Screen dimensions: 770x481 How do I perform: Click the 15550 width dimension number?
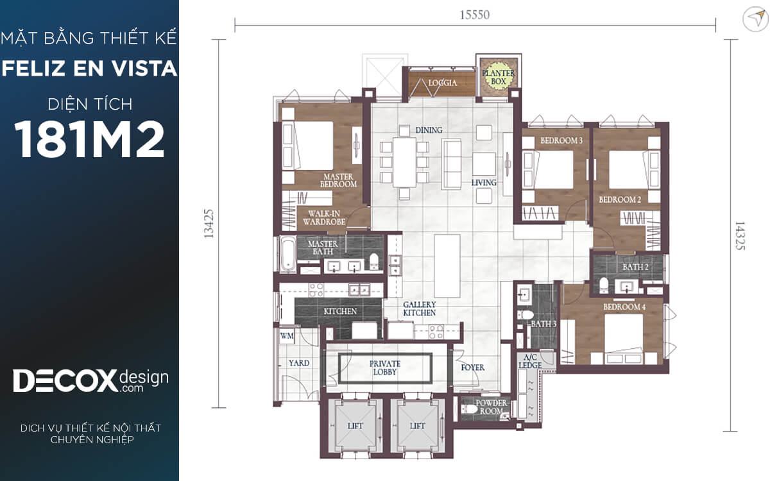point(475,15)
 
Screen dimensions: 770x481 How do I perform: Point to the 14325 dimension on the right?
point(740,236)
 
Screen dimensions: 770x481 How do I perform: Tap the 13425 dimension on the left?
point(209,224)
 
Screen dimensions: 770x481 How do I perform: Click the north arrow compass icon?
point(755,19)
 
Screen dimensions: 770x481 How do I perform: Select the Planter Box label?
point(498,78)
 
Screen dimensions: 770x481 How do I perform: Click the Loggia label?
point(443,83)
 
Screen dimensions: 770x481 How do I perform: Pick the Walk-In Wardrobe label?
point(324,218)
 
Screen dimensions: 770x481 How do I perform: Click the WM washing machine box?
point(286,335)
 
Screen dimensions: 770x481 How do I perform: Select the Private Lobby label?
point(385,368)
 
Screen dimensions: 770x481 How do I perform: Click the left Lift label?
point(355,426)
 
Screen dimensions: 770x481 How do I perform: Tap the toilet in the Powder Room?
point(469,409)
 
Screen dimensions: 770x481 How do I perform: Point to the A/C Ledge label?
point(530,362)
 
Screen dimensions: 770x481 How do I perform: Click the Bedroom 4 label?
point(624,307)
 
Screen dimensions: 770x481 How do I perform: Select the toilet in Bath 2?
point(604,285)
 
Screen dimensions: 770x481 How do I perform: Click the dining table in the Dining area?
point(404,162)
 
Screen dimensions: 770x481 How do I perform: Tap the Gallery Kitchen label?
point(420,308)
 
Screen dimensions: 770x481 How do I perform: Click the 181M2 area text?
point(89,140)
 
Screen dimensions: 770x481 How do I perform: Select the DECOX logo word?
point(65,381)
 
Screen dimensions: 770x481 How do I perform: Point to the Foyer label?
point(473,367)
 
